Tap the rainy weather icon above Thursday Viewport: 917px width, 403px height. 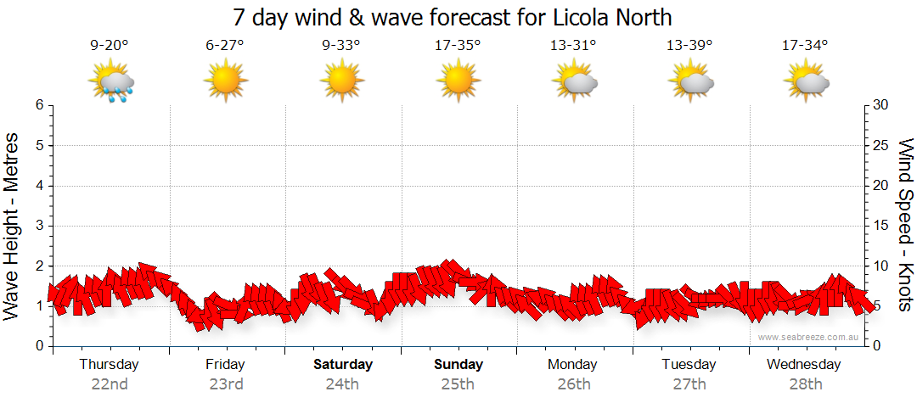[111, 84]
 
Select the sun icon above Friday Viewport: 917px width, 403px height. [225, 82]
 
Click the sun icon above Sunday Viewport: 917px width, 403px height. [458, 82]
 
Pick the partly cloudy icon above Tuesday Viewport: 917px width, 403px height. [690, 82]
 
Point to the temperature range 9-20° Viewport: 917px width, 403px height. [110, 46]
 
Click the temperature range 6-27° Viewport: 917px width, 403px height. [225, 46]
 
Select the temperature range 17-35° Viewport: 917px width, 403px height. [458, 46]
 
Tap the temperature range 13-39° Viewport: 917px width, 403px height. [689, 46]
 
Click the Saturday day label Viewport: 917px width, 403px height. [343, 365]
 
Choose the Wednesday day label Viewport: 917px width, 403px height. [803, 365]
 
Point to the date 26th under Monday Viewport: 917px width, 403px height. [574, 383]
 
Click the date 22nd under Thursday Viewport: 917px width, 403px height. [110, 383]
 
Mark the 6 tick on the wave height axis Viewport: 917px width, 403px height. [38, 105]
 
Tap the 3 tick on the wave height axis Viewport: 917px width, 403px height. [38, 226]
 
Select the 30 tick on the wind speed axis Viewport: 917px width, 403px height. [881, 105]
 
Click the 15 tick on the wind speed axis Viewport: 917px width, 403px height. [881, 226]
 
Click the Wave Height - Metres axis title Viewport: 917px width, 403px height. [13, 226]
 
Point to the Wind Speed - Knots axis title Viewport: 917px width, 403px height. [905, 226]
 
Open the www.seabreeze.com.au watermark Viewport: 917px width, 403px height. [809, 337]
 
